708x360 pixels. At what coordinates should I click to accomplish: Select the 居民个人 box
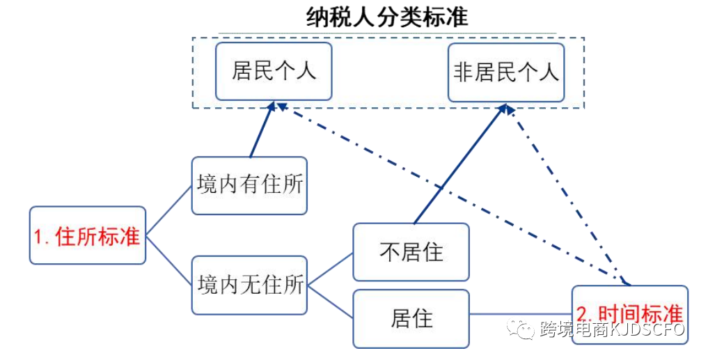click(273, 71)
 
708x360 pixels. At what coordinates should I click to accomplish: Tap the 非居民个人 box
click(505, 72)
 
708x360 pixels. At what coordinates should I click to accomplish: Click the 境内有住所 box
click(249, 185)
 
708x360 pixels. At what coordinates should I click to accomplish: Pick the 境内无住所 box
click(249, 285)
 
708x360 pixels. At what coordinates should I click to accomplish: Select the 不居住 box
click(411, 252)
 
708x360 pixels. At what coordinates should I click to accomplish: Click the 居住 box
click(411, 318)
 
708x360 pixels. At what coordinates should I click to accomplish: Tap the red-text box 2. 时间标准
click(629, 314)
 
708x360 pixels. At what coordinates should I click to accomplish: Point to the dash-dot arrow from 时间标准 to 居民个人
click(446, 191)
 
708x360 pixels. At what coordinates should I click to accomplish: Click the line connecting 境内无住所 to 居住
click(330, 301)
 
